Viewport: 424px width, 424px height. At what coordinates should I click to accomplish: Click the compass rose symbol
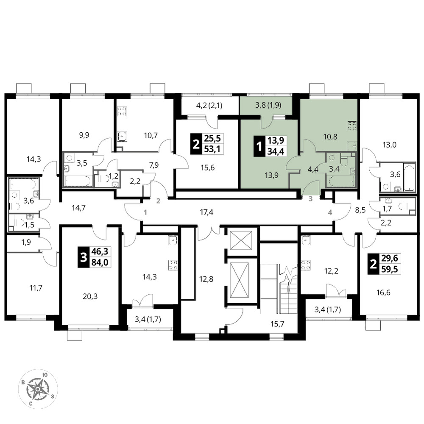pos(38,389)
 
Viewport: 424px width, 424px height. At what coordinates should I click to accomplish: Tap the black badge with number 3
pos(84,257)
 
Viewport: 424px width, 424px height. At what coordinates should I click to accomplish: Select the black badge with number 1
pos(259,146)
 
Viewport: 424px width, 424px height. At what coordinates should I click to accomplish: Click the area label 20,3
pos(90,296)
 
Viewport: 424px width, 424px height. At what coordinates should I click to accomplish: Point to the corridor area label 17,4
pos(206,212)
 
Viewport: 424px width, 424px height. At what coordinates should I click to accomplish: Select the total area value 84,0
pos(100,262)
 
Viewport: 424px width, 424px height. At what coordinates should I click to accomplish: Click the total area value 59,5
pos(390,269)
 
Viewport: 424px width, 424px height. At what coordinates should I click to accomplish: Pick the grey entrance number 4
pos(330,212)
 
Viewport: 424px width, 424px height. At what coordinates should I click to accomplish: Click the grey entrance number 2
pos(159,201)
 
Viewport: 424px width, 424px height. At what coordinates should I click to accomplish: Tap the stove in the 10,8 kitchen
pos(352,126)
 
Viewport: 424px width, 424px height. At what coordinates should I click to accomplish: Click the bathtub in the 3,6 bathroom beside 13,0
pos(409,176)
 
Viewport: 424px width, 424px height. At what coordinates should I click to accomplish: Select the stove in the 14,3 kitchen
pos(173,265)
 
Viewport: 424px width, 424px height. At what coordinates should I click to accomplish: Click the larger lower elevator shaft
pos(239,280)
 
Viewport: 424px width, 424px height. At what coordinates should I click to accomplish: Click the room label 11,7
pos(36,288)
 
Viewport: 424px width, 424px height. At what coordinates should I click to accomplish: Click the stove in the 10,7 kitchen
pos(122,111)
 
